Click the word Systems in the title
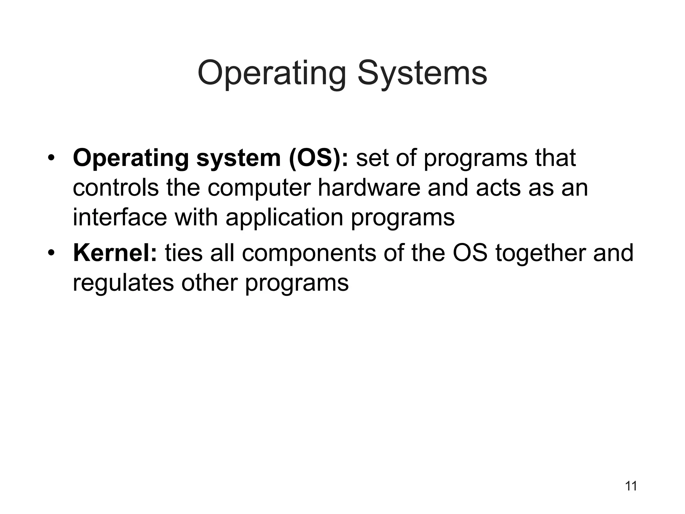422,73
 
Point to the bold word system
238,158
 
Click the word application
284,218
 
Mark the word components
309,253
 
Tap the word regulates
123,283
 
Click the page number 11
631,486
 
